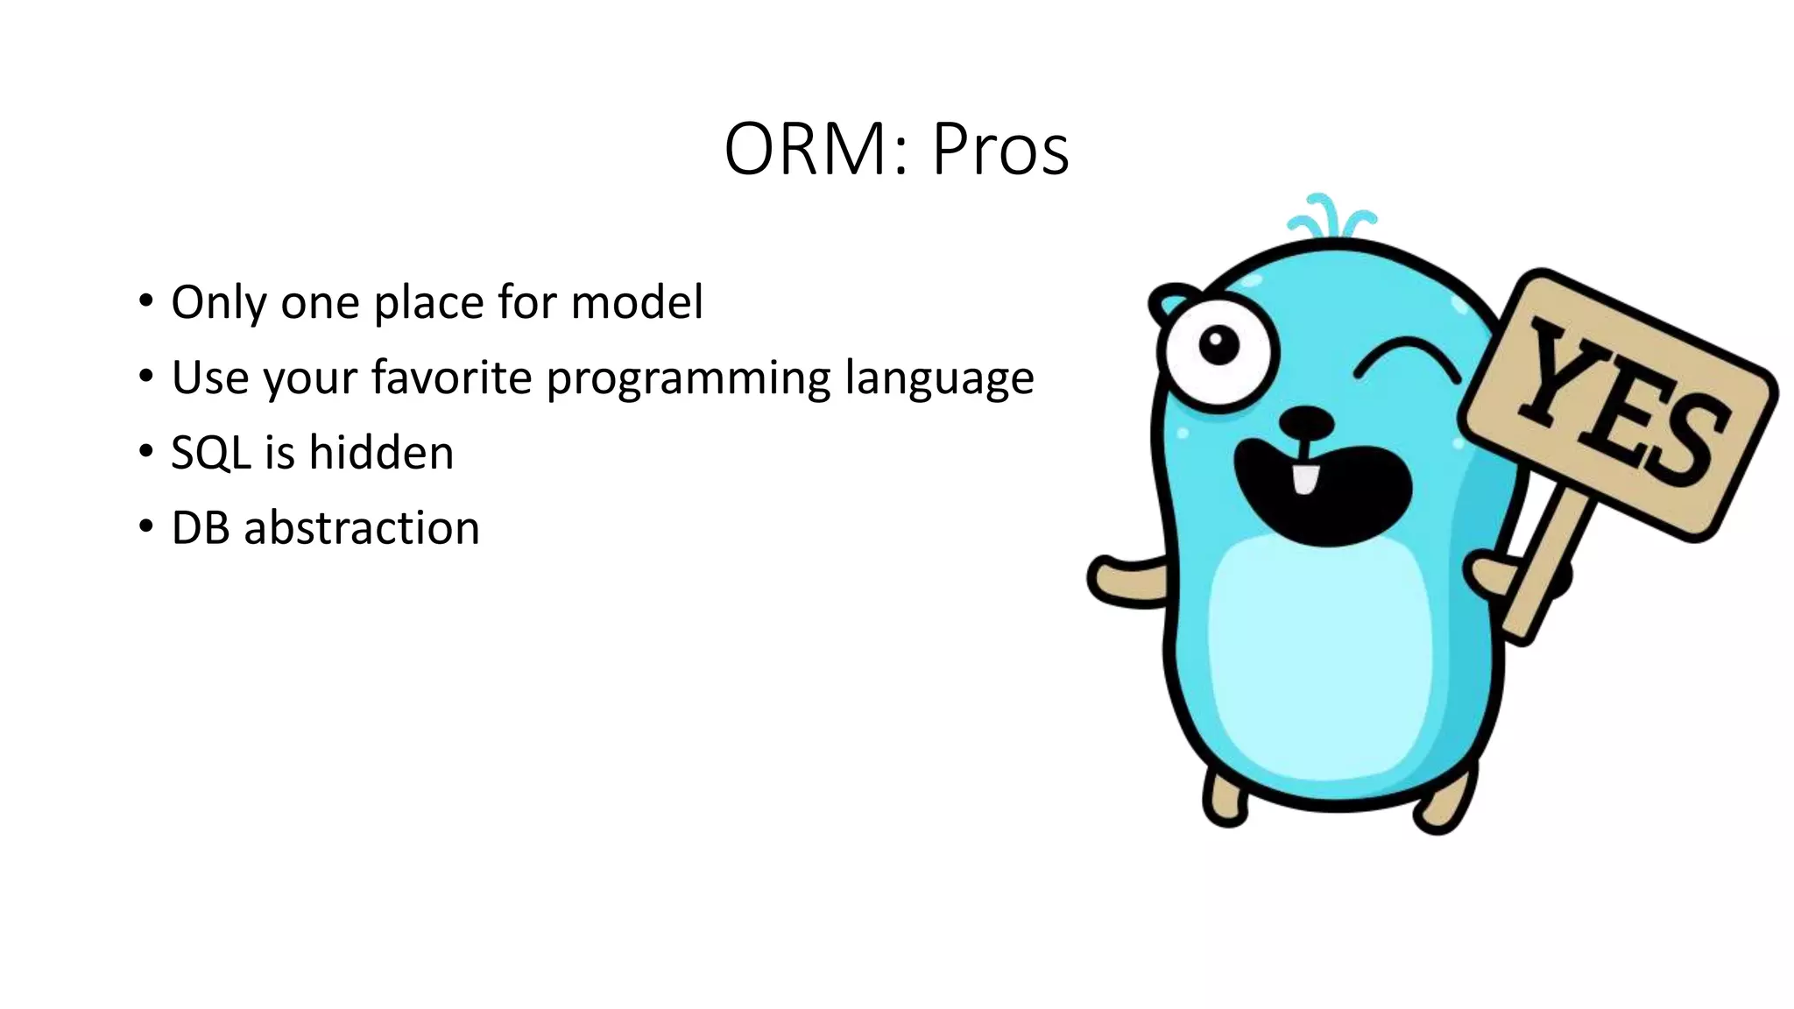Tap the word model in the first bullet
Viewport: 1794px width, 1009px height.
[x=637, y=302]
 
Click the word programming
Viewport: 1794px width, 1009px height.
[x=688, y=379]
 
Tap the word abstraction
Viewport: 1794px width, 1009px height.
[x=361, y=528]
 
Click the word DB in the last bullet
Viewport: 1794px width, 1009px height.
[x=200, y=528]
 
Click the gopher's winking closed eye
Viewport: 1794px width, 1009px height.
[x=1406, y=360]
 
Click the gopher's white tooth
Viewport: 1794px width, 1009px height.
[x=1305, y=479]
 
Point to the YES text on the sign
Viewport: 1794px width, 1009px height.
[x=1621, y=403]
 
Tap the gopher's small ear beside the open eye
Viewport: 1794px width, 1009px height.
[x=1170, y=303]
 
